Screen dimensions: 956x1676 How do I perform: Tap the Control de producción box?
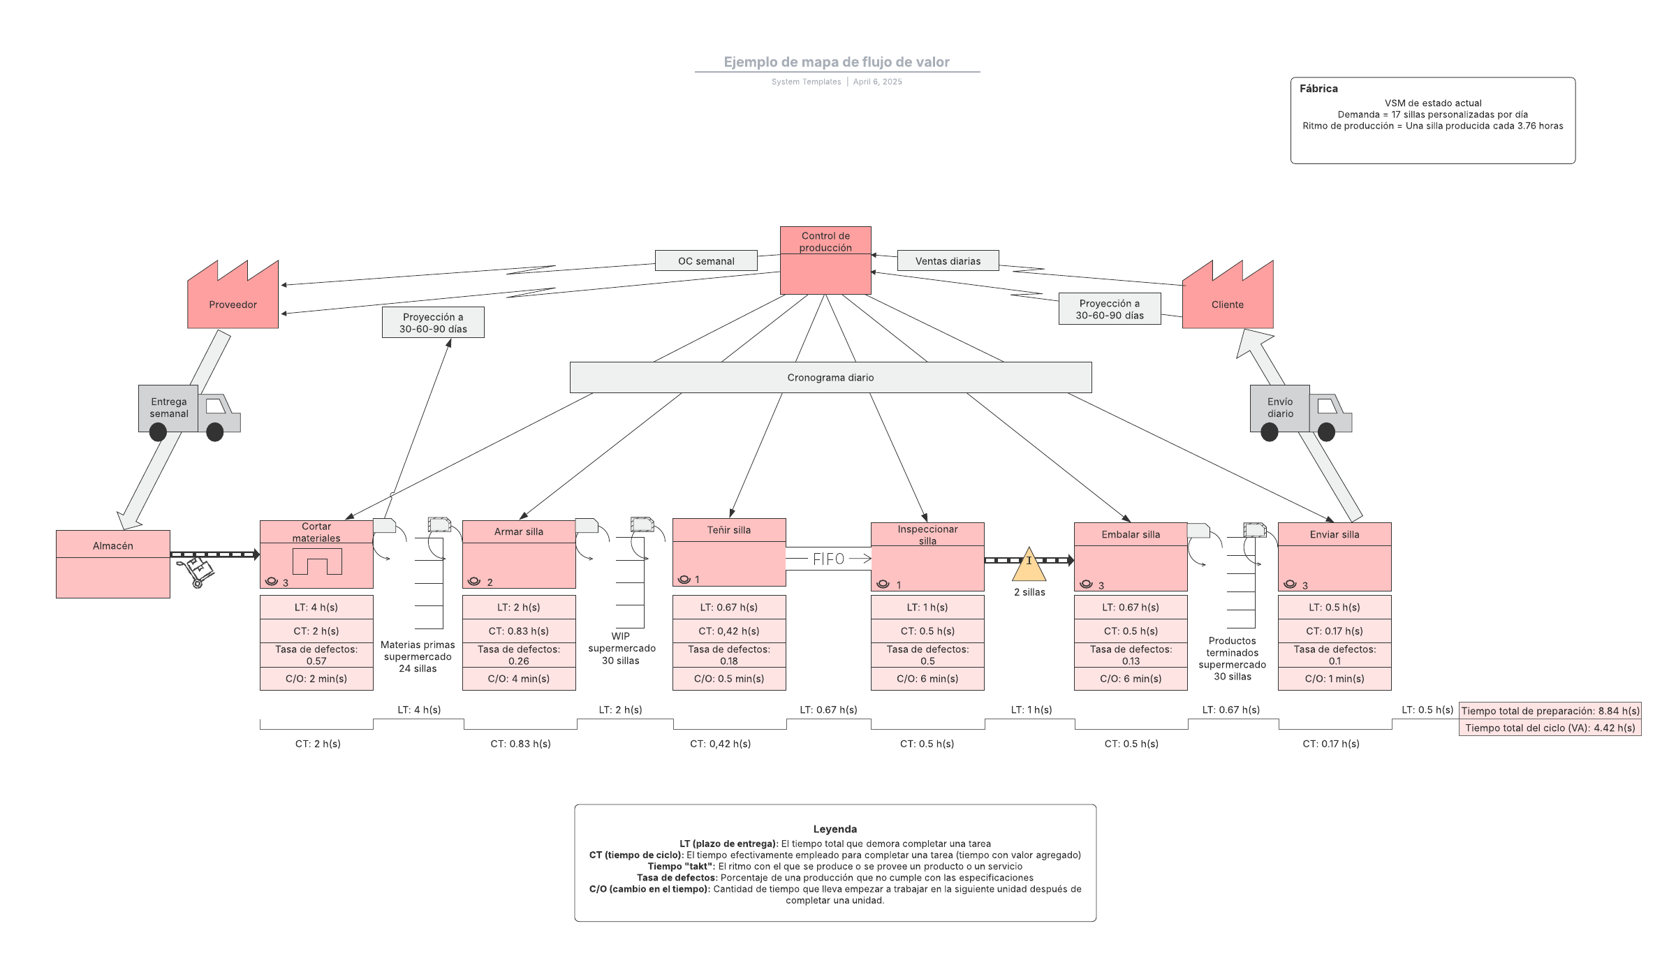click(x=825, y=260)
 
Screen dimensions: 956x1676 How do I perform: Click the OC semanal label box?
click(x=706, y=261)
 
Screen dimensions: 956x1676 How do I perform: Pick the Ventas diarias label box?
click(x=948, y=261)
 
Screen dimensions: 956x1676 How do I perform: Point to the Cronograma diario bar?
click(x=830, y=378)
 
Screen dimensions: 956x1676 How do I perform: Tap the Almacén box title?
click(x=112, y=545)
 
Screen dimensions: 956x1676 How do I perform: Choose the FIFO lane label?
click(x=828, y=559)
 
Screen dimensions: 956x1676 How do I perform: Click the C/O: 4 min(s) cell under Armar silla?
click(x=519, y=679)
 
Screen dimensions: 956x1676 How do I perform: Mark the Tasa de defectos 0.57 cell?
click(x=316, y=655)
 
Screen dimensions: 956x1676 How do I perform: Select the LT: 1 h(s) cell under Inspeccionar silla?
click(x=927, y=608)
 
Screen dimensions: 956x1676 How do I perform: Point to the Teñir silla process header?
click(x=728, y=530)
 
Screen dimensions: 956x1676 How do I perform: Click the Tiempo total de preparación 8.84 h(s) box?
click(x=1550, y=711)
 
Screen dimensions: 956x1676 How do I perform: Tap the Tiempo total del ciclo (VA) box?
click(x=1550, y=728)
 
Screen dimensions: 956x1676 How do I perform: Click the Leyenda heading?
click(x=835, y=829)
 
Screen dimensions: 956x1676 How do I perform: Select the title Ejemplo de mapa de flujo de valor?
click(x=836, y=62)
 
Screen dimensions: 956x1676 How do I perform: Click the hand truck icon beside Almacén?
click(x=196, y=571)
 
